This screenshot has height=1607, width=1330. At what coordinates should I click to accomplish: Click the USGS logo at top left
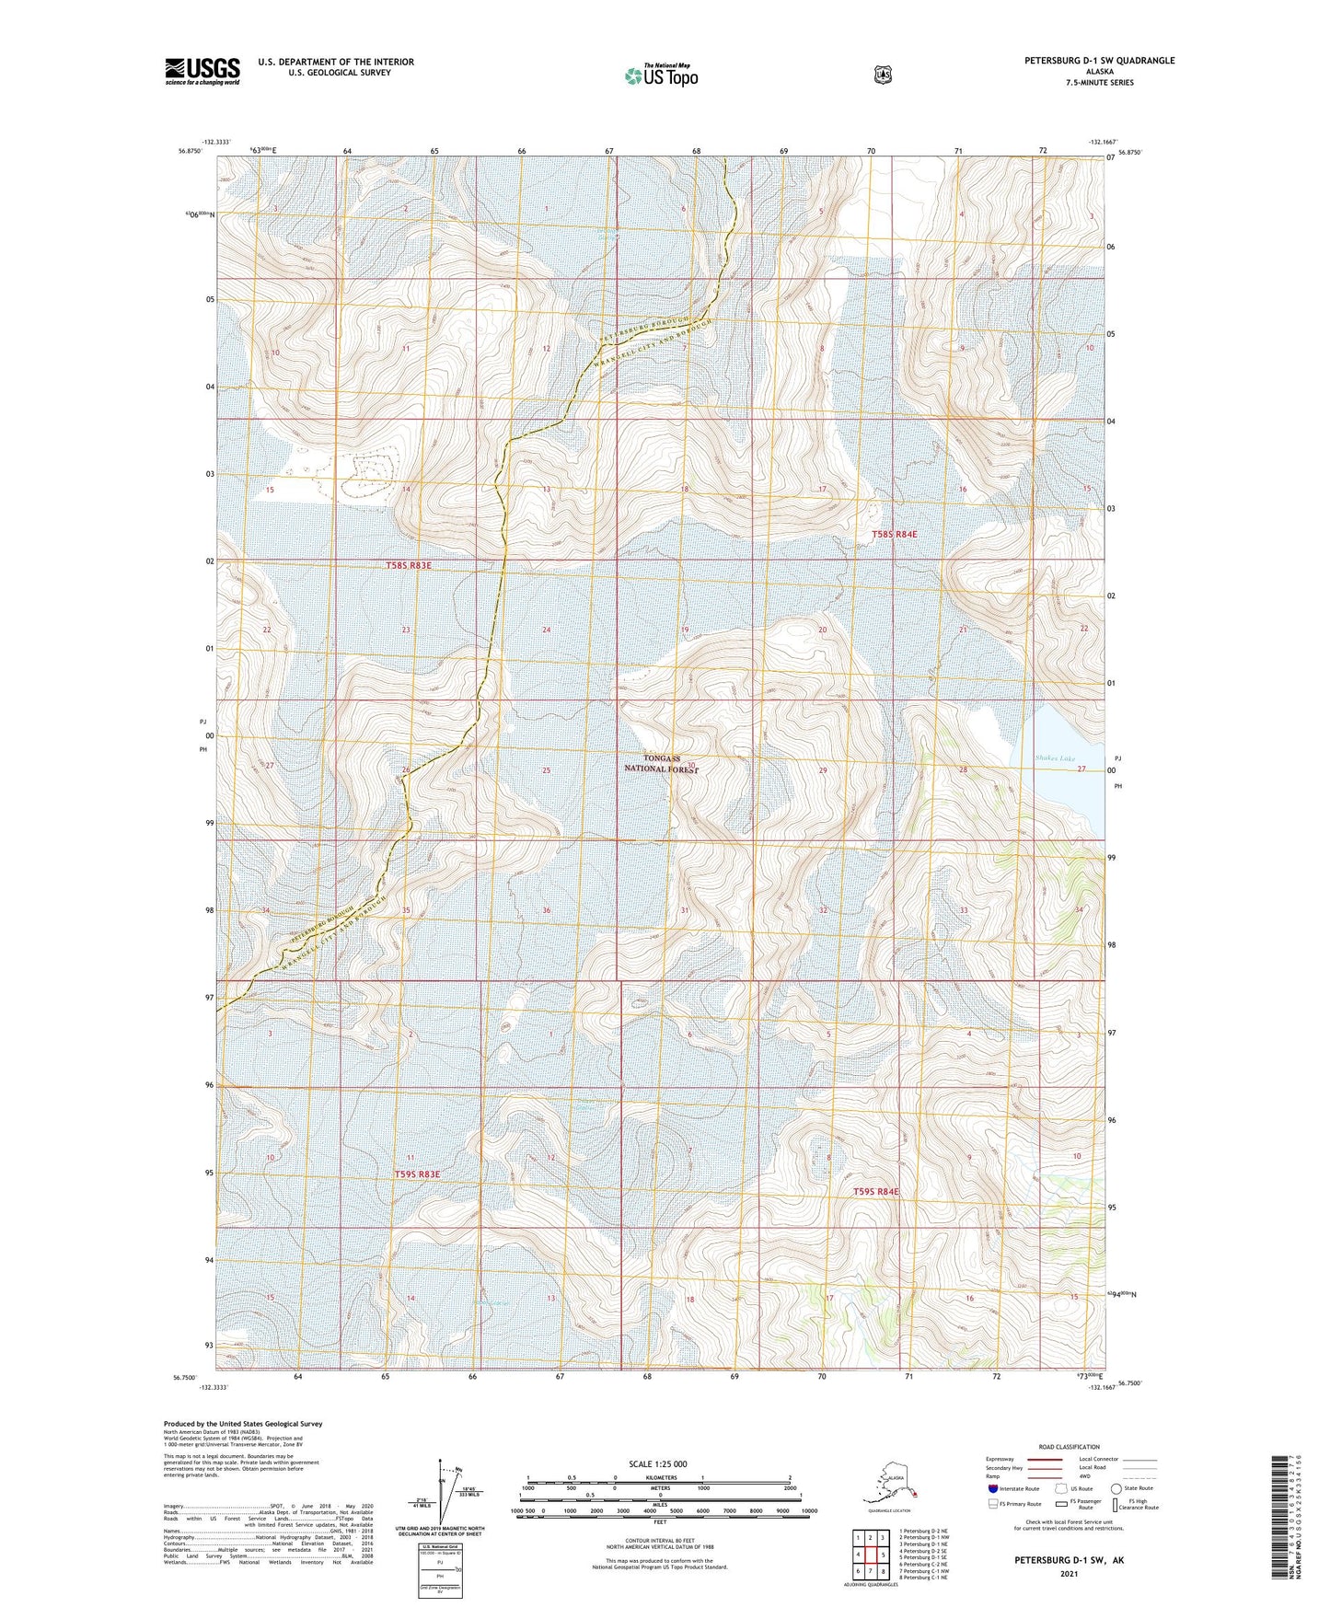pos(202,71)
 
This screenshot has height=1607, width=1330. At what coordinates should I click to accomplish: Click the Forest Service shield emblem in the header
pos(883,75)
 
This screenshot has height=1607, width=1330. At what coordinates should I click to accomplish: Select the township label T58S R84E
pos(895,534)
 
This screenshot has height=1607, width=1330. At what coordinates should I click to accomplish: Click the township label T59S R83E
pos(418,1174)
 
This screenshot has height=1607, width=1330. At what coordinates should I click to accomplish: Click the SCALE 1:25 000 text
pos(658,1464)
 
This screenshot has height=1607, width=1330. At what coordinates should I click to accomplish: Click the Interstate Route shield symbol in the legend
pos(992,1488)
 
